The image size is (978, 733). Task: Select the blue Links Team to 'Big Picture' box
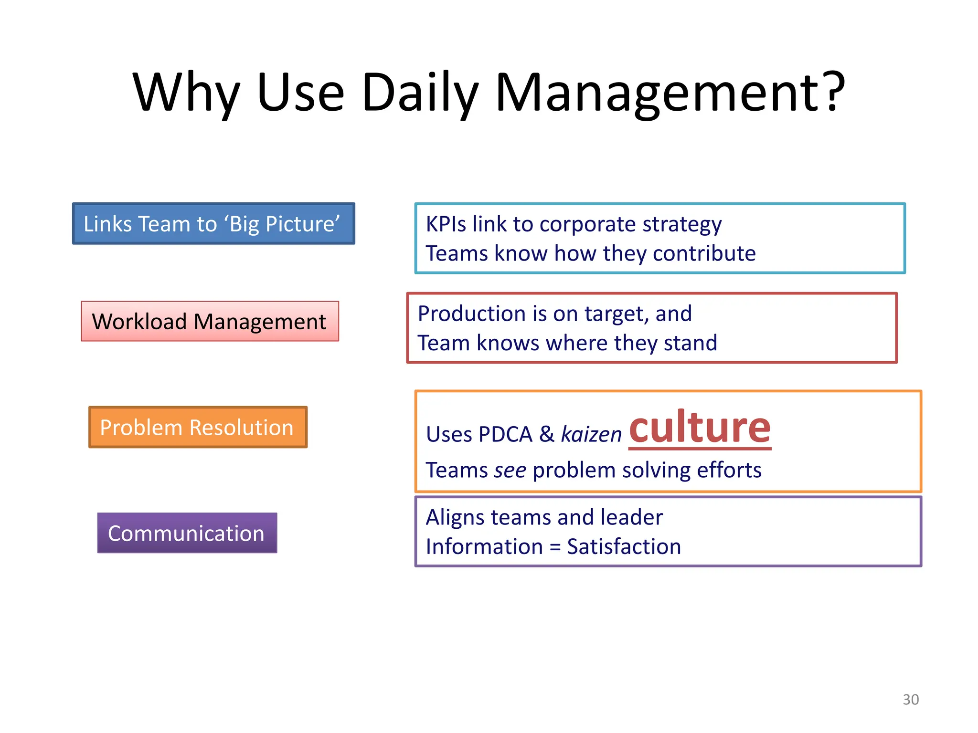click(x=213, y=224)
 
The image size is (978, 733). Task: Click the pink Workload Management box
click(x=210, y=321)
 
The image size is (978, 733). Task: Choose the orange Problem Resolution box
click(x=198, y=427)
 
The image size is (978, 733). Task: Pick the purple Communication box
click(x=187, y=533)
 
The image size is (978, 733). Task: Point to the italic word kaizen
click(x=591, y=434)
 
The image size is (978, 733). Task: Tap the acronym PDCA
click(x=505, y=434)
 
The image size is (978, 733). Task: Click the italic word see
click(x=510, y=470)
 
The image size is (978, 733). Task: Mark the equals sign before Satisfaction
click(x=555, y=547)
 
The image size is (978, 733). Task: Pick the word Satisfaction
click(x=624, y=546)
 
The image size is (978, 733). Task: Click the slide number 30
click(x=911, y=700)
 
